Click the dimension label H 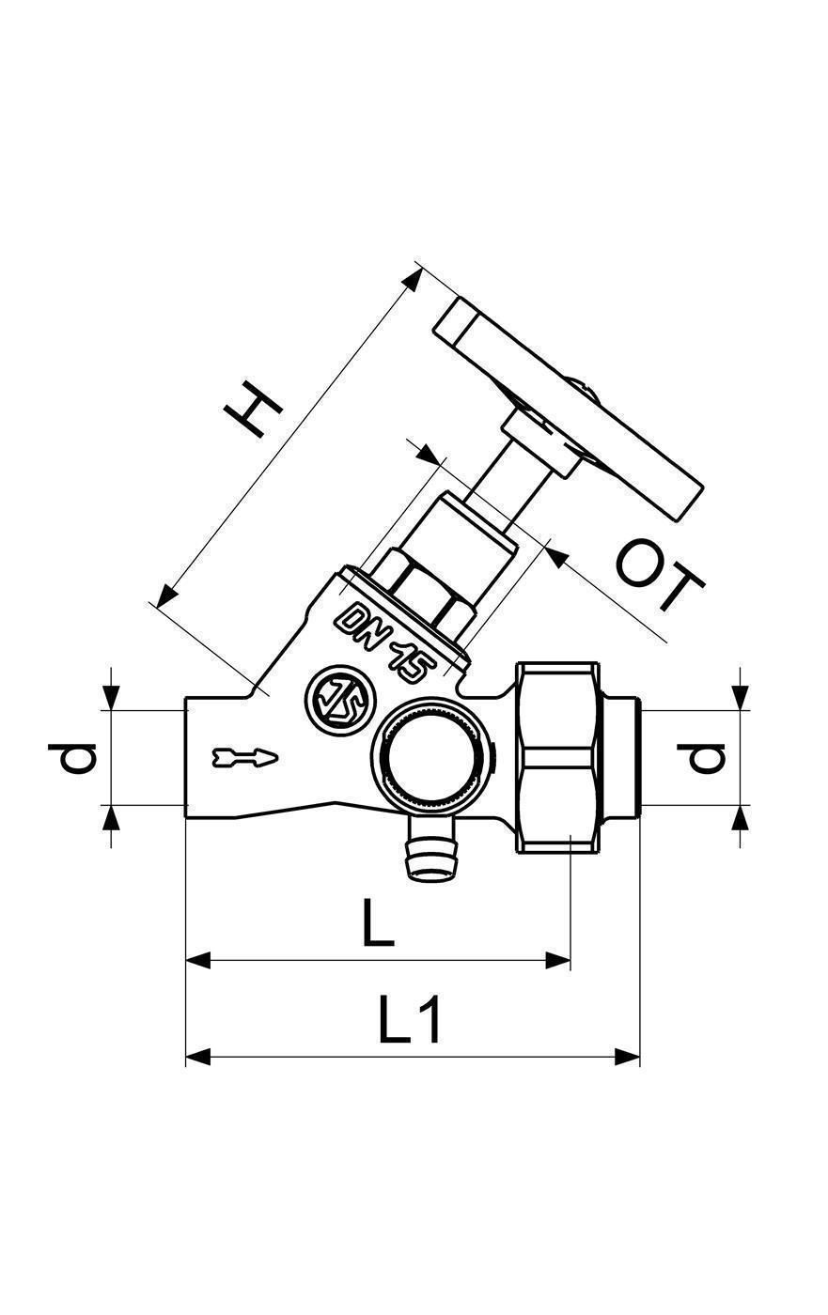(x=255, y=410)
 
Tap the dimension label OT (x=659, y=574)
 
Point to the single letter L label (x=377, y=922)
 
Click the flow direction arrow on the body (x=245, y=757)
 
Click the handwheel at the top (x=569, y=410)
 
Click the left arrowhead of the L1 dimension (x=198, y=1057)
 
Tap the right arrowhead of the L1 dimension (x=627, y=1057)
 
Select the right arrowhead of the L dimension (x=558, y=960)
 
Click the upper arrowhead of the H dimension (x=413, y=280)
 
